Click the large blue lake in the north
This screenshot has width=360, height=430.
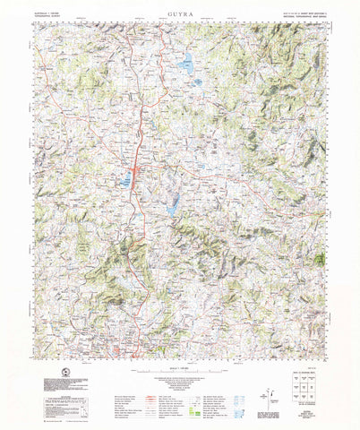click(187, 64)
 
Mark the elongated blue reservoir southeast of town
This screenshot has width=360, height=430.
click(171, 204)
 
